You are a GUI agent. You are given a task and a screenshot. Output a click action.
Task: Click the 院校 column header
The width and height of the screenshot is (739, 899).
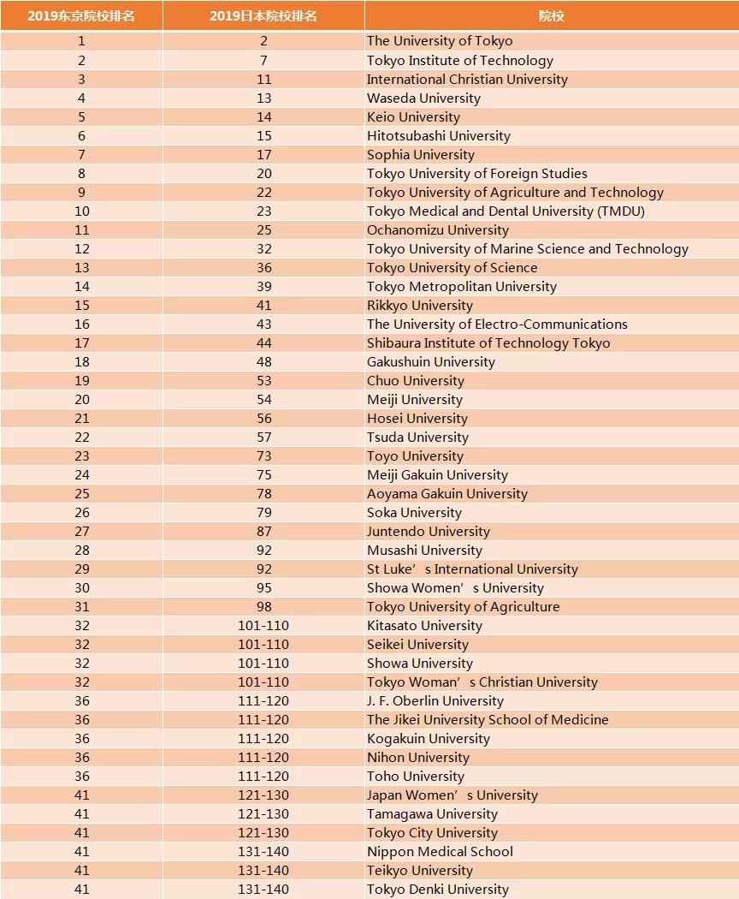(551, 16)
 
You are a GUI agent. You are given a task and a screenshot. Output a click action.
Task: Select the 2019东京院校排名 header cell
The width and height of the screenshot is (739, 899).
(81, 16)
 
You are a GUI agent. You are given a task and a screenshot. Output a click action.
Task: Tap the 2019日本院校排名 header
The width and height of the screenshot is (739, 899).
(263, 16)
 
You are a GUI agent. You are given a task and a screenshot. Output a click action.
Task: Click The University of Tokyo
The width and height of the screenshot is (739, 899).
(440, 41)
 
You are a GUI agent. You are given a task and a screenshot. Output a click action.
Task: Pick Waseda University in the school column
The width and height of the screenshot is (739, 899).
(423, 98)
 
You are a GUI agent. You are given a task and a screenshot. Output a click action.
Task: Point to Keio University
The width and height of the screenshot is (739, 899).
(413, 117)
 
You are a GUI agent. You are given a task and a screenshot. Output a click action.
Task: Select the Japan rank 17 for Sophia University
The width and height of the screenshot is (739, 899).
(263, 155)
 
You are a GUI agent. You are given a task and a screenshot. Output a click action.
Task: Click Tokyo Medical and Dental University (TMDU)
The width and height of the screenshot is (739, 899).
(505, 211)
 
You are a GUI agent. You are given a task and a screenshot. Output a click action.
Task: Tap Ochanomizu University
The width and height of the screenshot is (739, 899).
(437, 230)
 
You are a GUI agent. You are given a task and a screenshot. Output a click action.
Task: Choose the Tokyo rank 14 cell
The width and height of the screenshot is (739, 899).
(81, 287)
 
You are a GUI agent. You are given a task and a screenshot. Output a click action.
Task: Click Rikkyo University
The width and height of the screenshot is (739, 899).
(419, 306)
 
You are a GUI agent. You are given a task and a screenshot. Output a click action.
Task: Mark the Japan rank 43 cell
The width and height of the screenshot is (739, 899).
(263, 324)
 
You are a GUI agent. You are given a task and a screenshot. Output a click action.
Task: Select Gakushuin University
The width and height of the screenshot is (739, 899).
(430, 362)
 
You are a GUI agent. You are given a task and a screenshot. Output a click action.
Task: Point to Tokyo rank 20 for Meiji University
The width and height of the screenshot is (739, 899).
(81, 400)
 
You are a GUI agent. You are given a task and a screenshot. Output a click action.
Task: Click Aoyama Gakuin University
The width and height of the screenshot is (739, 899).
(446, 494)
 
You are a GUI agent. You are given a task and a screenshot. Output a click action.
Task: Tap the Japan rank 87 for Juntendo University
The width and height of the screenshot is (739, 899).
(263, 532)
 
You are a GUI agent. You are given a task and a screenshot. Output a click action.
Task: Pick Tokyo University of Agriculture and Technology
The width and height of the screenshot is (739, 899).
(515, 193)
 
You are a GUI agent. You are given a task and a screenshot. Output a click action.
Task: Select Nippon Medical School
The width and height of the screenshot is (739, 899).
(440, 852)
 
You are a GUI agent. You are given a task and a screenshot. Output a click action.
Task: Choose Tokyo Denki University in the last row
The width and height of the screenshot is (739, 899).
(437, 890)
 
